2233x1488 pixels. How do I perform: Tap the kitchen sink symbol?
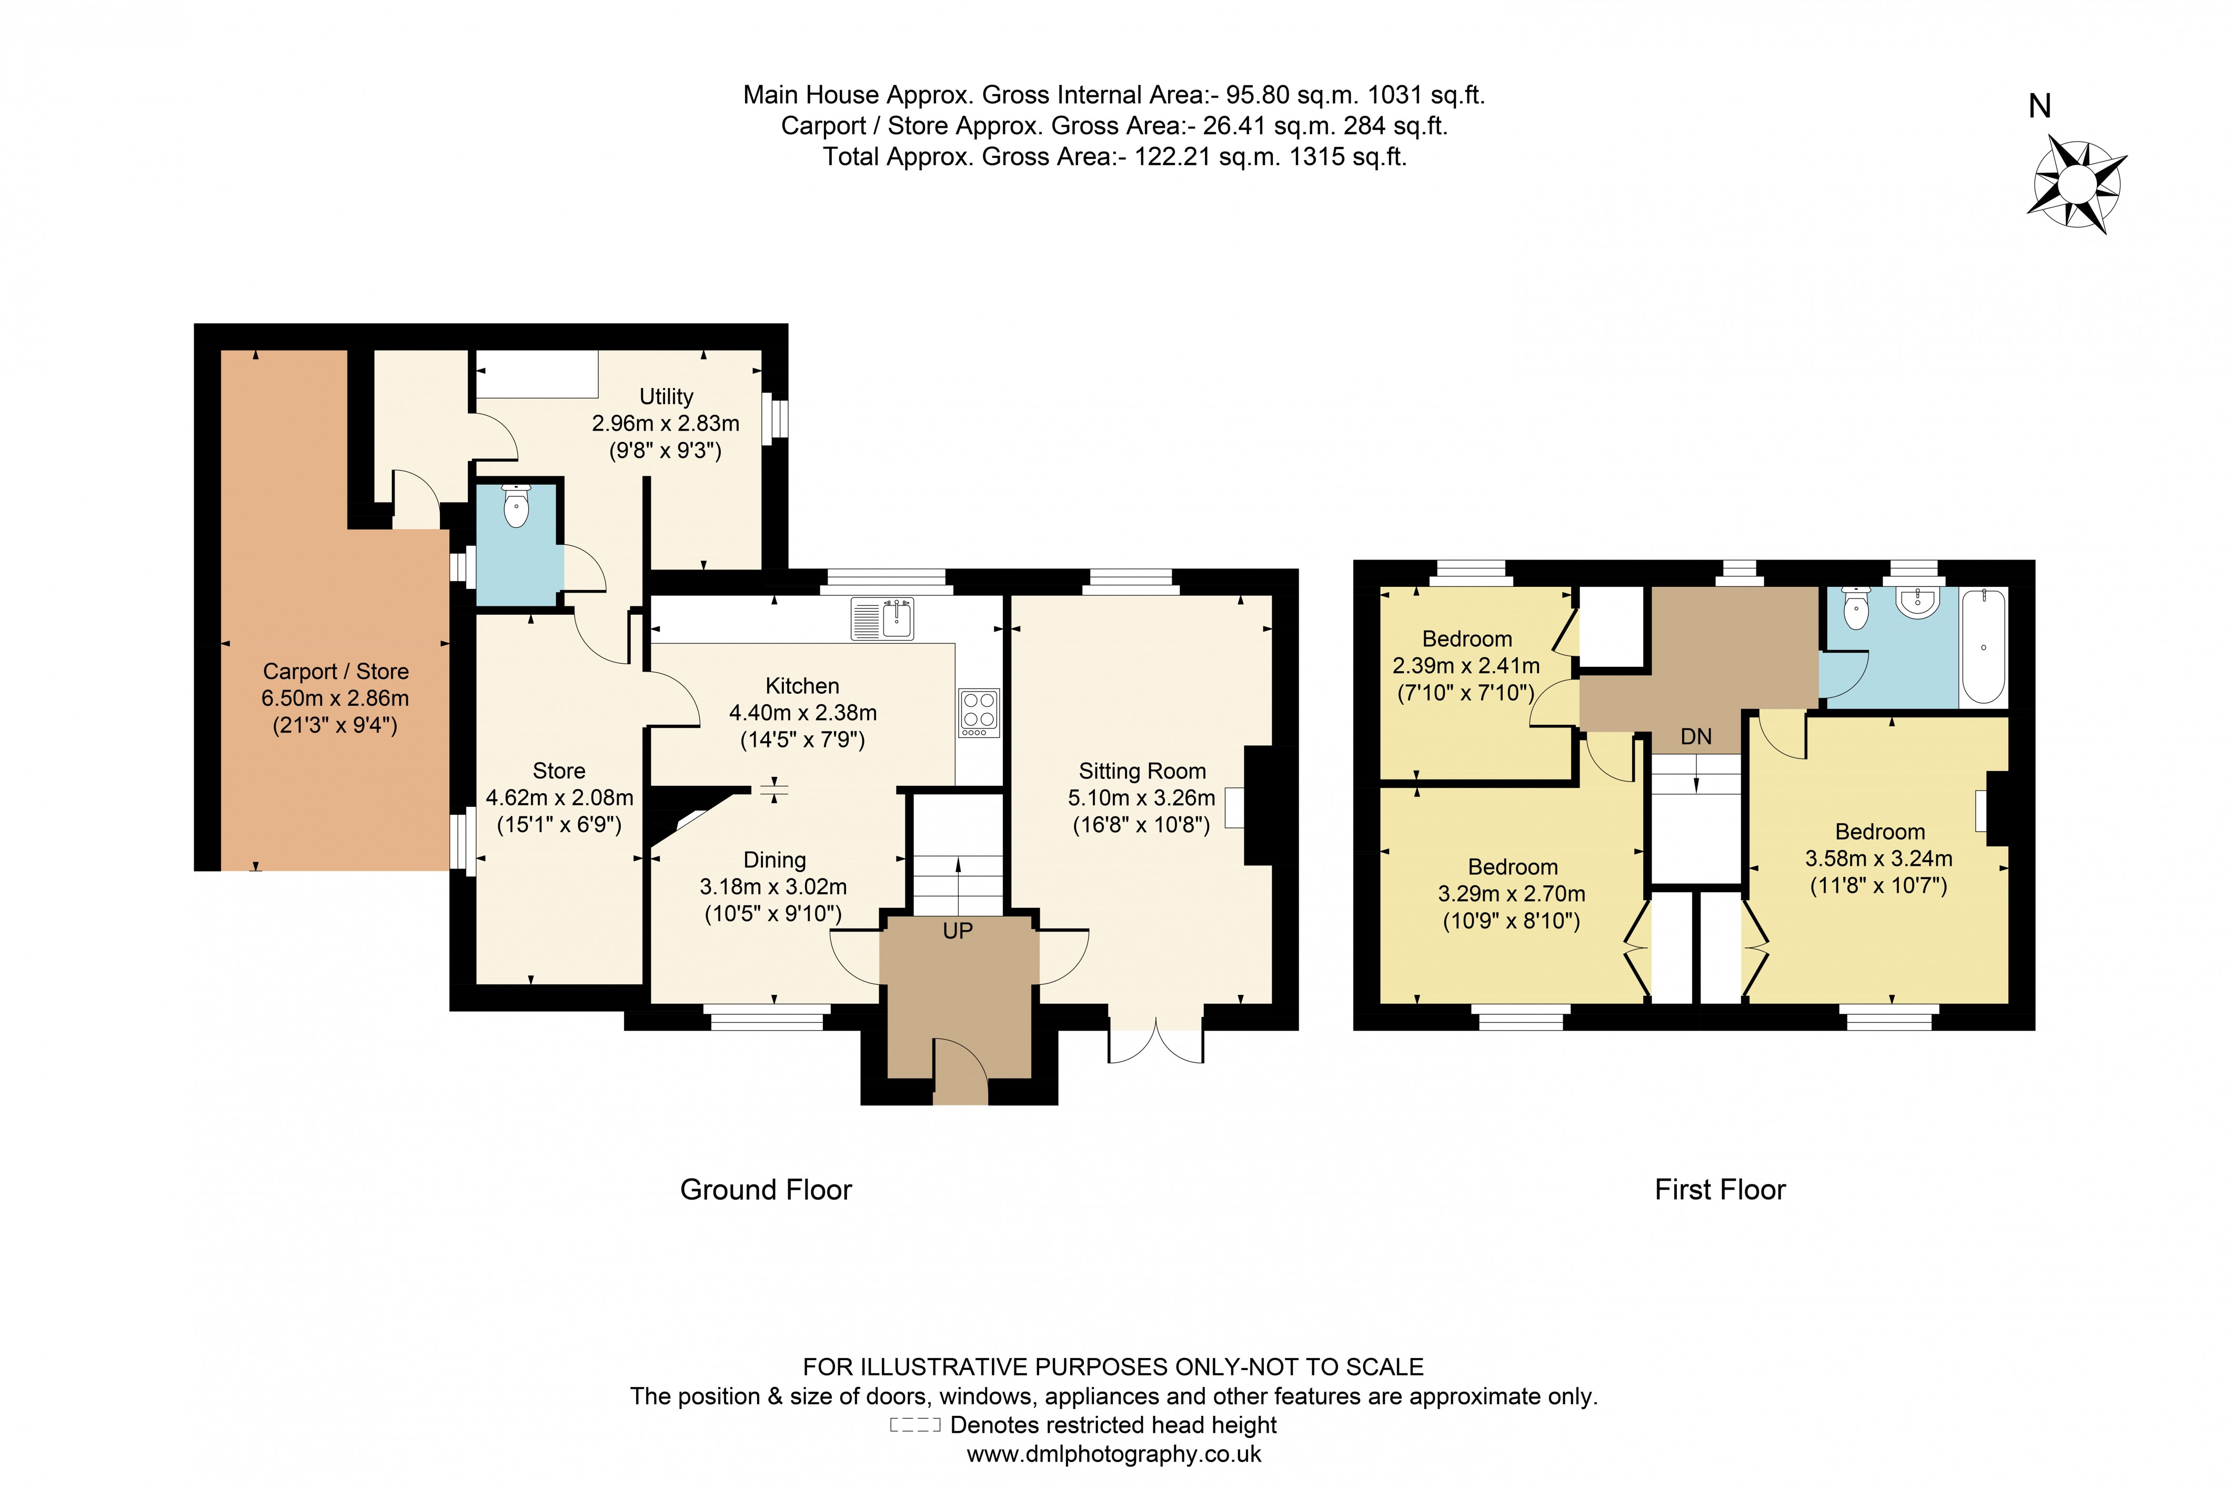click(882, 619)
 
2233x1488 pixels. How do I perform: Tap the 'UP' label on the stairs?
click(957, 931)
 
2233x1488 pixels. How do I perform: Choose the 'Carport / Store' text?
click(336, 671)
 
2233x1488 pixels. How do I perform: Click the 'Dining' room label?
click(774, 860)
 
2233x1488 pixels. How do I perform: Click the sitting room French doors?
click(1155, 1043)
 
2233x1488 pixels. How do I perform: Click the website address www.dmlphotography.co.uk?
click(1114, 1454)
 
